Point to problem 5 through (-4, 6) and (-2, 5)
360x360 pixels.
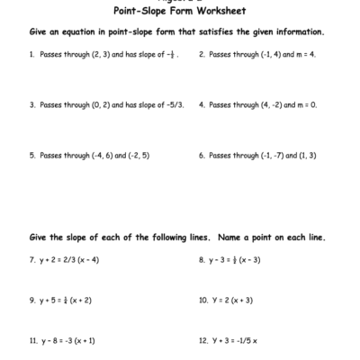89,155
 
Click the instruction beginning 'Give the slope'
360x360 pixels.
177,238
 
